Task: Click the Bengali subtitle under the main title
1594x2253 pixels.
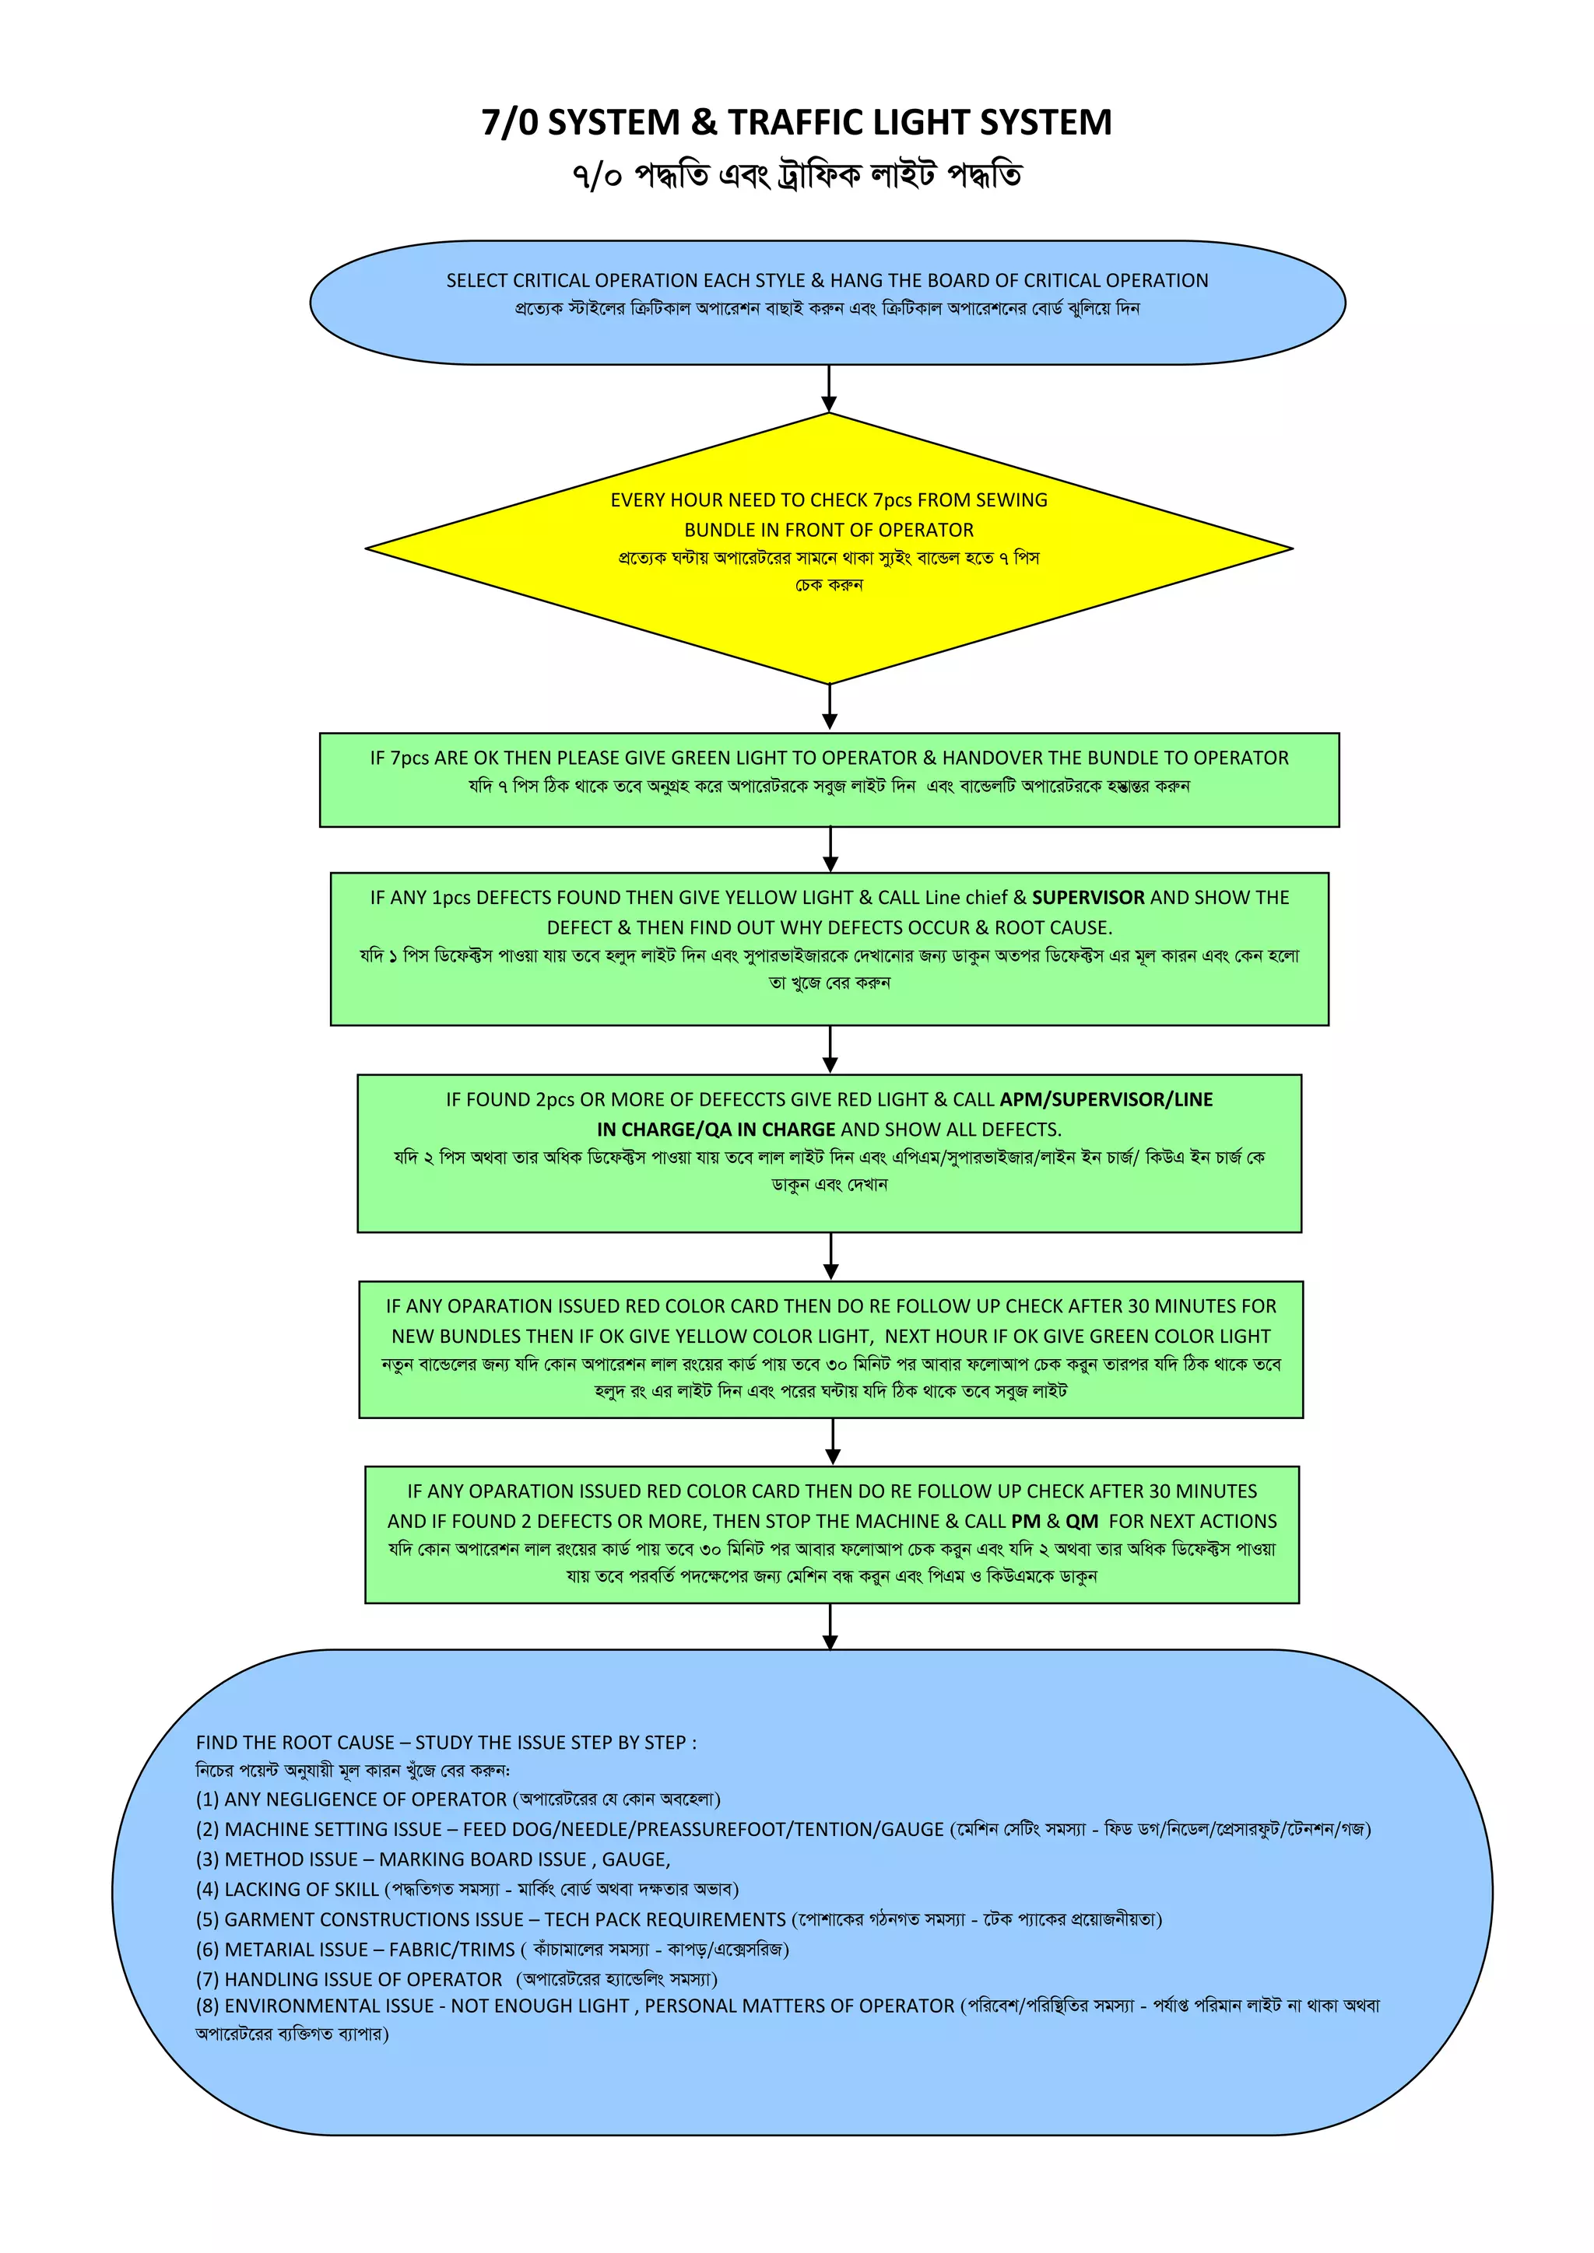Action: pos(796,177)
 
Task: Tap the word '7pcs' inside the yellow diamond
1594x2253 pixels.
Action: pos(891,500)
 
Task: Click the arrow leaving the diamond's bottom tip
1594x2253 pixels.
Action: pos(830,706)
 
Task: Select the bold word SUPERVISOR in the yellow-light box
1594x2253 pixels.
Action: pos(1087,898)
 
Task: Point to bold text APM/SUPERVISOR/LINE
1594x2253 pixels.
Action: pos(1105,1100)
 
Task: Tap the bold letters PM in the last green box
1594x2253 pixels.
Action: pos(1026,1522)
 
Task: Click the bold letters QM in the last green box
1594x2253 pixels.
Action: pos(1082,1522)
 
